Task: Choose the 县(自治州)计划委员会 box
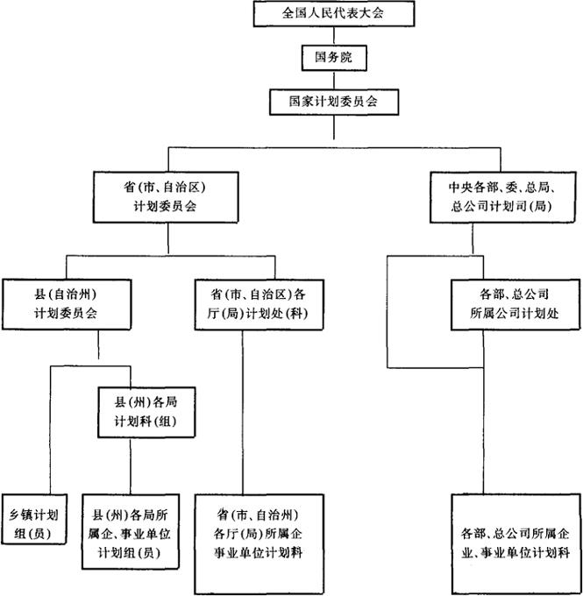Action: click(68, 302)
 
